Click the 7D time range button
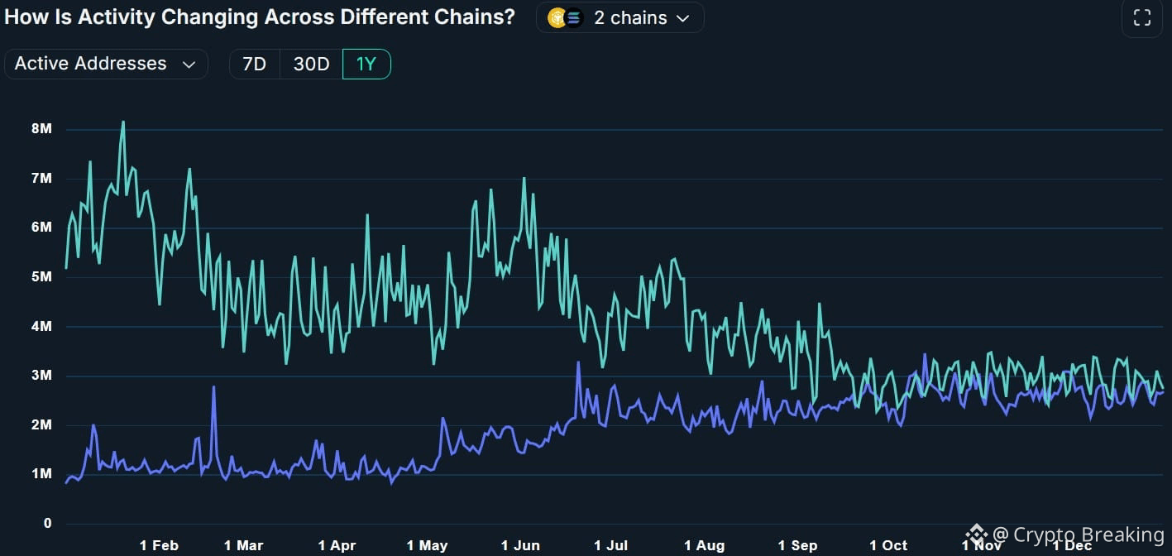tap(254, 64)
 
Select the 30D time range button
tap(311, 64)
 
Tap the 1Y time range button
tap(366, 64)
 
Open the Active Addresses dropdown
tap(105, 64)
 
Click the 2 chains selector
tap(620, 17)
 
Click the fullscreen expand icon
tap(1141, 18)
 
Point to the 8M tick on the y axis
tap(42, 129)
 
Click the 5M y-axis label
tap(42, 277)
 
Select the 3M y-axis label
tap(42, 376)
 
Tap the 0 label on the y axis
tap(48, 524)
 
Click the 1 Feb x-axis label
tap(159, 545)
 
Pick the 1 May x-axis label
tap(427, 545)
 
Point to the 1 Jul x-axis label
tap(610, 545)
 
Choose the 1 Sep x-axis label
tap(797, 545)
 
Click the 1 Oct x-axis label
tap(888, 545)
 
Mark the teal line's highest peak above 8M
tap(123, 122)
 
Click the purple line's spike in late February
tap(213, 387)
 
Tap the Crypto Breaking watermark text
tap(1088, 534)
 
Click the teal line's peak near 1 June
tap(524, 179)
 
